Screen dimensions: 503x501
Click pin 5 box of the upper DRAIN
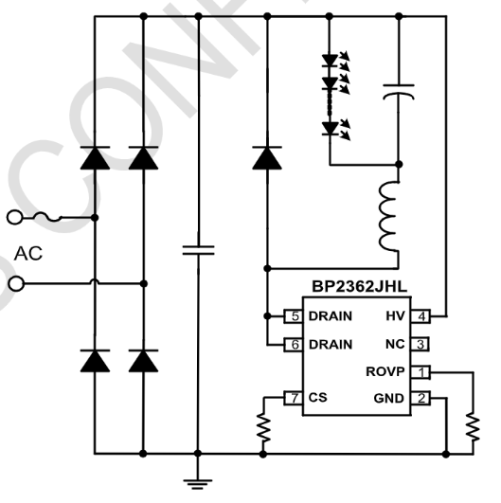tap(295, 315)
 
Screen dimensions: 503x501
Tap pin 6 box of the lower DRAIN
tap(295, 344)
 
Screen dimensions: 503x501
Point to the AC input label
tap(28, 253)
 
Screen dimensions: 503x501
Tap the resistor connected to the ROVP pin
tap(471, 426)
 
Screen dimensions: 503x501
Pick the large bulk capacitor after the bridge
tap(197, 250)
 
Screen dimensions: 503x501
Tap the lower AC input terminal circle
tap(13, 283)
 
